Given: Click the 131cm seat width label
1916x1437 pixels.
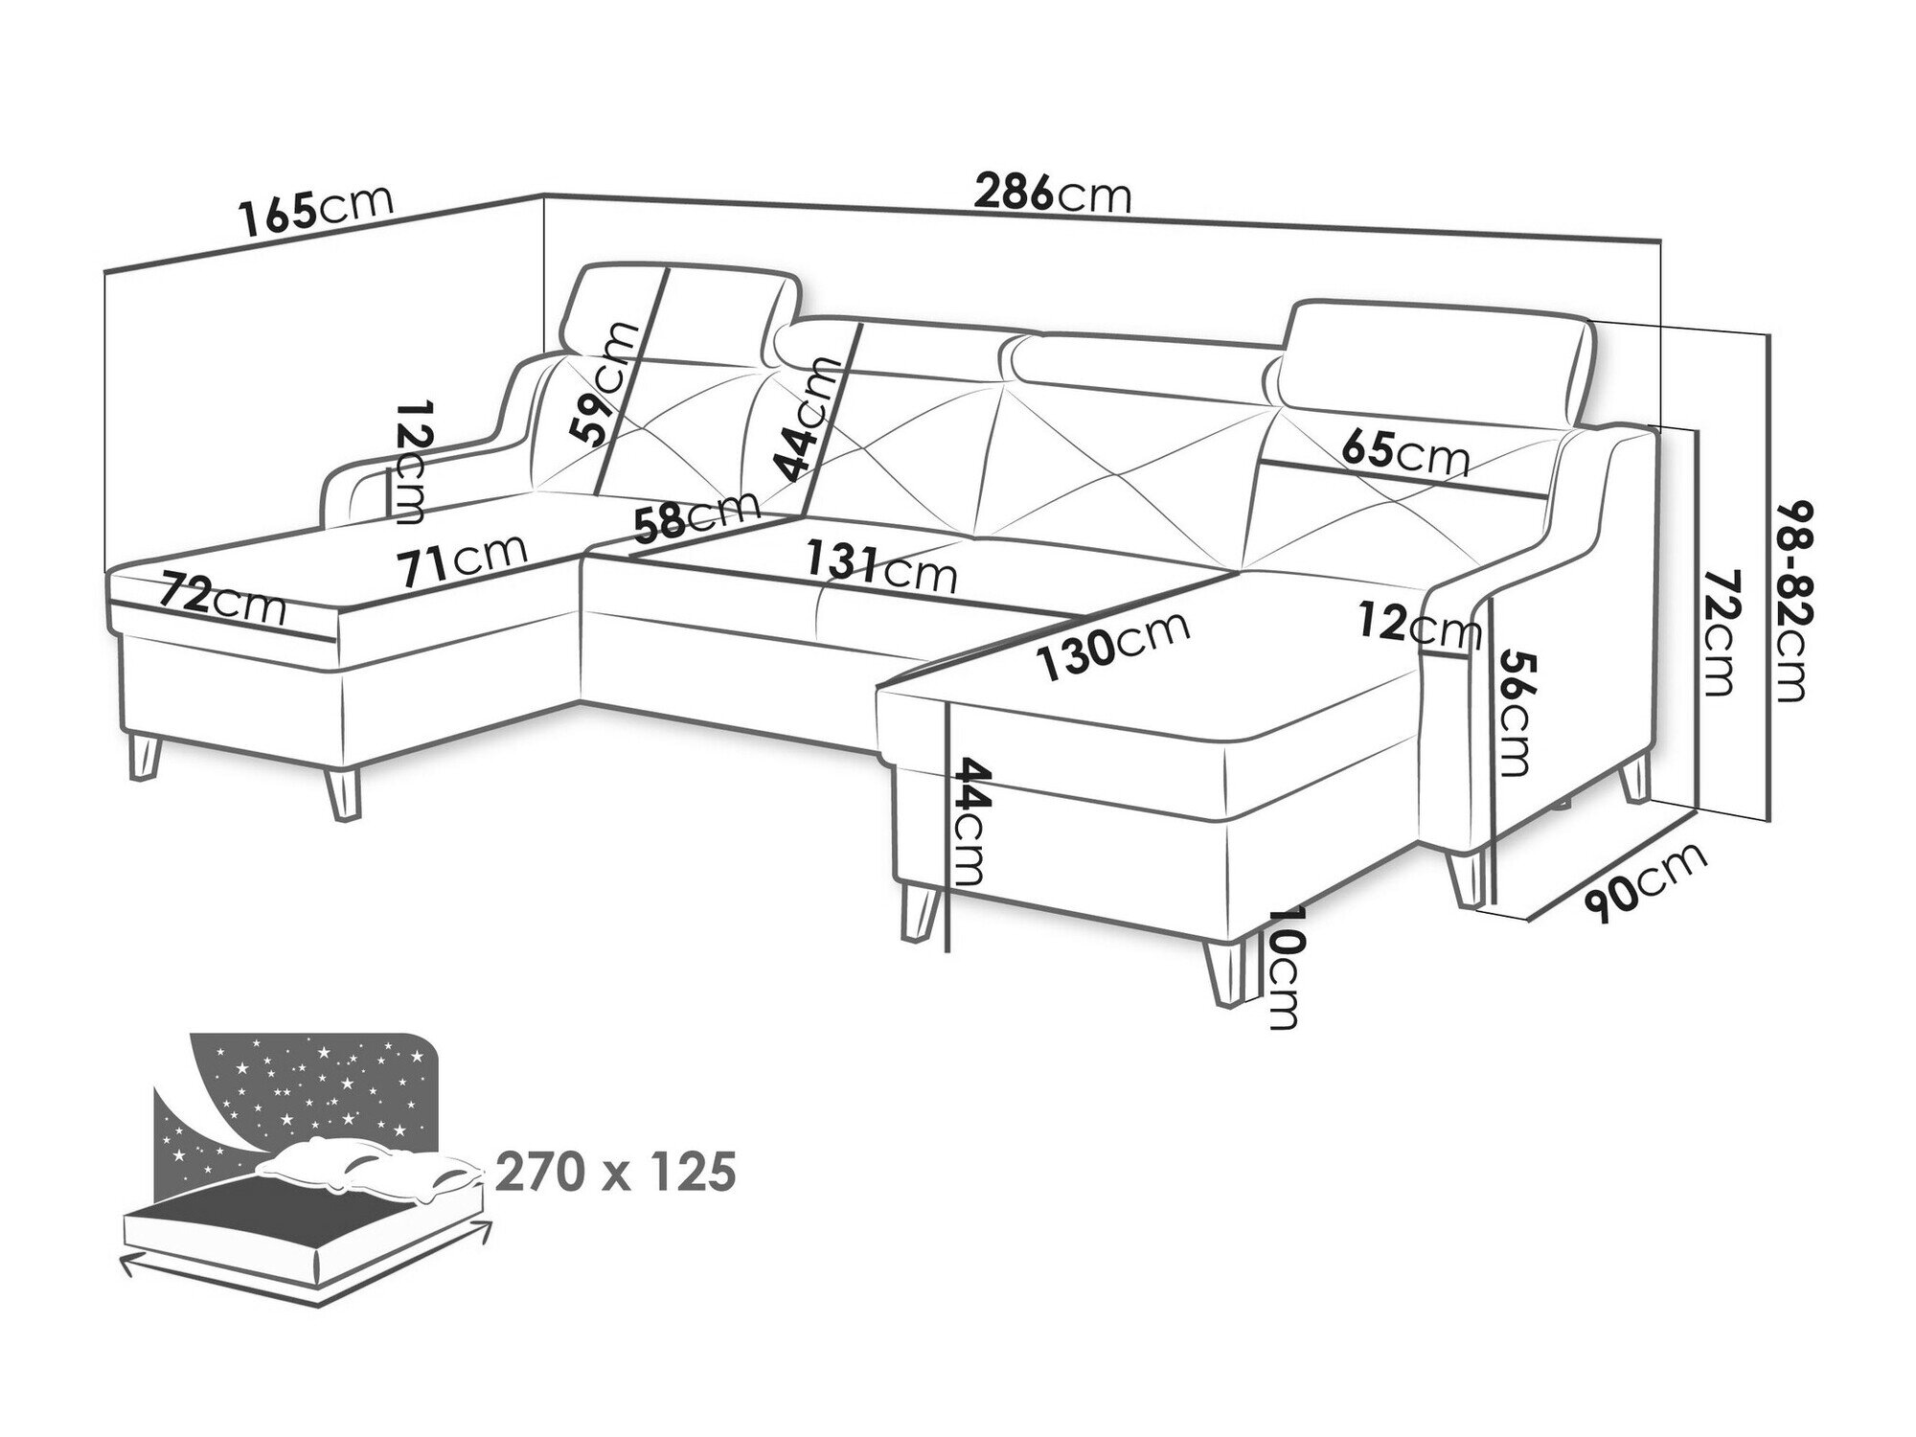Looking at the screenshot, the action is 881,567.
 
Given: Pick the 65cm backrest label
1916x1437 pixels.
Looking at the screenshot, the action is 1405,453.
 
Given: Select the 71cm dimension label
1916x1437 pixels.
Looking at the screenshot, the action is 463,558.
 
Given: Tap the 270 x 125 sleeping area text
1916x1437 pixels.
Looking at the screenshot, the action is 617,1172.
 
